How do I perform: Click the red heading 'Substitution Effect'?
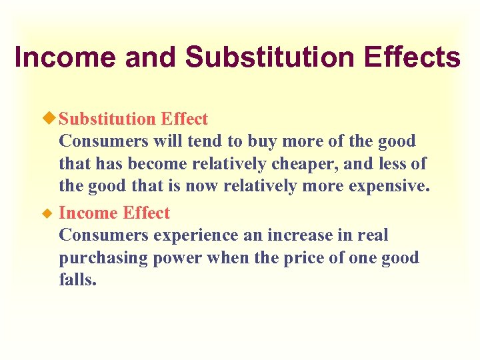(x=133, y=119)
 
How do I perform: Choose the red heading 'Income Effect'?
(x=114, y=213)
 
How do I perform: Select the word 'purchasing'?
(x=104, y=258)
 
